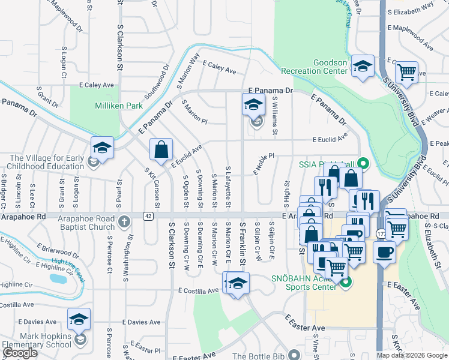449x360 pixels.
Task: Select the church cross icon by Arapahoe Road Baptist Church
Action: (124, 221)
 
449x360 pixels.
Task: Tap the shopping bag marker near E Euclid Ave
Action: (161, 150)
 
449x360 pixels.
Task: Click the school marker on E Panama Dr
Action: (253, 104)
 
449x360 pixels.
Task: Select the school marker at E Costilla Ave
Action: (238, 283)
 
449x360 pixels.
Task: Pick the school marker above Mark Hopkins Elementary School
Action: (79, 319)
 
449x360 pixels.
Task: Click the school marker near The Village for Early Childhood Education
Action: (103, 148)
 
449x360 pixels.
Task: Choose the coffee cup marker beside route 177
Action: (385, 252)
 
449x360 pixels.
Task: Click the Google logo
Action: (20, 353)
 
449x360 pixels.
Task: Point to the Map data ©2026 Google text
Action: (411, 355)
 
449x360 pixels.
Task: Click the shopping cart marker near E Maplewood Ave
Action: (407, 73)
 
